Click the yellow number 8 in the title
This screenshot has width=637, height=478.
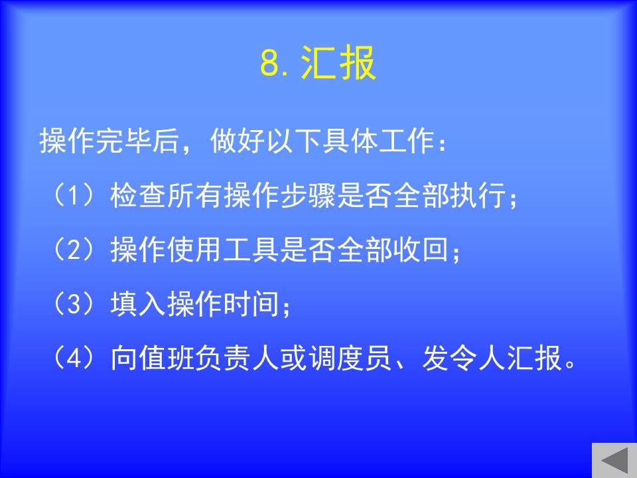coord(271,63)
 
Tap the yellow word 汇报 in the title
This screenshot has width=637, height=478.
coord(338,62)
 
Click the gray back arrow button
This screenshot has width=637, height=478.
coord(614,460)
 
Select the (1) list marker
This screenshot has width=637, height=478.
coord(74,195)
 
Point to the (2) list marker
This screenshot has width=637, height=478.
coord(74,250)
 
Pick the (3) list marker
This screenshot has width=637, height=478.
coord(74,304)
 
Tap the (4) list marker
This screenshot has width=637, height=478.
coord(74,358)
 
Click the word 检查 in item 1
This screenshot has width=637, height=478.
coord(138,195)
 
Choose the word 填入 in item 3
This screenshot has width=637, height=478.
coord(138,304)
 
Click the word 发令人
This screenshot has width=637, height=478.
coord(464,358)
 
